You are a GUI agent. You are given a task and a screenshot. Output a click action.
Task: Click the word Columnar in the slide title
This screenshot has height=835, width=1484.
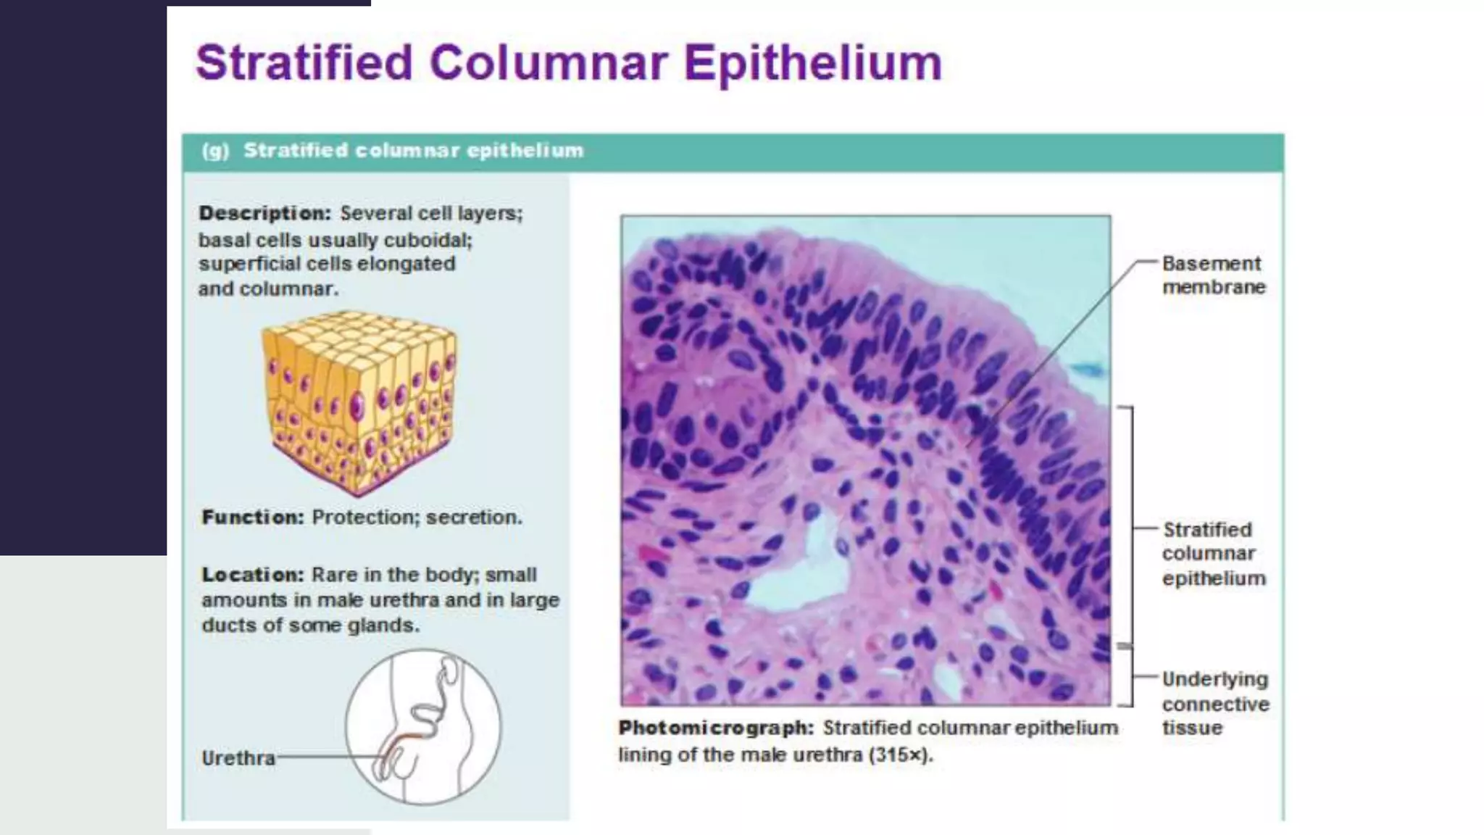point(548,63)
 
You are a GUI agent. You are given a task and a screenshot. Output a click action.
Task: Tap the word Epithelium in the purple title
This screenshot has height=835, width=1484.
point(812,63)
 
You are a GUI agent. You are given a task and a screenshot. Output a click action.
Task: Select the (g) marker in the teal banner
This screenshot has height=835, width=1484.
point(215,151)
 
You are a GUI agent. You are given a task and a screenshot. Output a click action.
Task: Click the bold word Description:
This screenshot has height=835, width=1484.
point(264,214)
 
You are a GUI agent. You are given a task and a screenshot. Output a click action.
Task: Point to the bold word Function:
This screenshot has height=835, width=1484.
point(252,518)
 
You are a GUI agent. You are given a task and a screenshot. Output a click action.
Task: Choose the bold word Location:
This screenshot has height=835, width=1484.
point(252,575)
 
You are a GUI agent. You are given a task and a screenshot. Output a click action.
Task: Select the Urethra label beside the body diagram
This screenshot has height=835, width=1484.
point(238,758)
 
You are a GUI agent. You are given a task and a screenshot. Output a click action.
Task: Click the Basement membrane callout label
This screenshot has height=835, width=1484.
point(1213,275)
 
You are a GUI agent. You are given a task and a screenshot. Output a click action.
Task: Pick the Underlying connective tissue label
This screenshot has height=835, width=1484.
point(1215,703)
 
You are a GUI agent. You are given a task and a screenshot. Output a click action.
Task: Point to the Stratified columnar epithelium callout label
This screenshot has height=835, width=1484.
point(1213,554)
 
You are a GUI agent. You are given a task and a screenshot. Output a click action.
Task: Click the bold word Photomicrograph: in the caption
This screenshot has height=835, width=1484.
point(716,728)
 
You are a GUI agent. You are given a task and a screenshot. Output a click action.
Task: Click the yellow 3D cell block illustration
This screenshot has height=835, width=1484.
point(359,402)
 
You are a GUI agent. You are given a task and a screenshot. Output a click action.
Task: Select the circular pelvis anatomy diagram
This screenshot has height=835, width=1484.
point(423,726)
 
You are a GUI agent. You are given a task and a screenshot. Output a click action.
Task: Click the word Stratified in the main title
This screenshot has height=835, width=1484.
point(304,63)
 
